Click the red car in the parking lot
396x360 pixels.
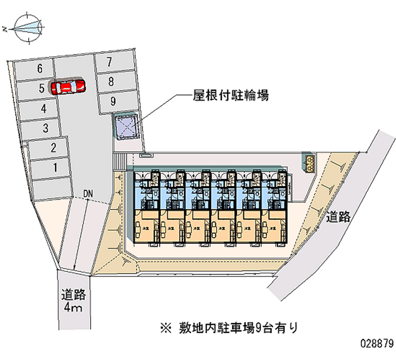[68, 87]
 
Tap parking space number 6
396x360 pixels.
[40, 69]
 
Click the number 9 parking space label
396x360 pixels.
[113, 102]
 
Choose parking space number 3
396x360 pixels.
[45, 129]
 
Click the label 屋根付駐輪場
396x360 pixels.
[231, 96]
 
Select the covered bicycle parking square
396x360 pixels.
[127, 126]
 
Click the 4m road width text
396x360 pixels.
[73, 309]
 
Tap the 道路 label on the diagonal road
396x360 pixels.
[339, 216]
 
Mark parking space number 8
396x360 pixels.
[112, 82]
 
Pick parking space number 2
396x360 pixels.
[53, 148]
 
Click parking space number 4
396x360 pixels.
[44, 108]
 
